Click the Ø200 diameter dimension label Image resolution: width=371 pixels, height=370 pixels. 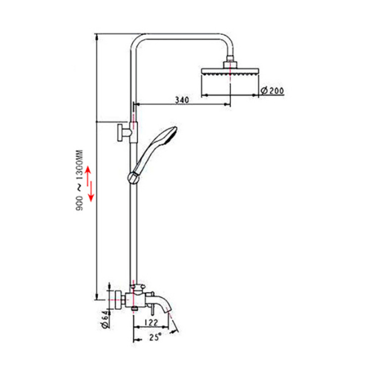(x=272, y=91)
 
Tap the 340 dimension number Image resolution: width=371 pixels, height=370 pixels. (x=182, y=100)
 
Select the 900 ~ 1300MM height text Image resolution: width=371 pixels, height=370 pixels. (x=79, y=180)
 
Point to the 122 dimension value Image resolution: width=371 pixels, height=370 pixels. (x=151, y=322)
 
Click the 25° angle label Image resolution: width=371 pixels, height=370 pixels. (x=156, y=337)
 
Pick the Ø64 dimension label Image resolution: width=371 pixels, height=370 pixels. (x=105, y=319)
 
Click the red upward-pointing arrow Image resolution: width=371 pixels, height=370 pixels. (x=88, y=177)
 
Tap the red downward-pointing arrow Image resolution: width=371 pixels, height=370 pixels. (x=91, y=192)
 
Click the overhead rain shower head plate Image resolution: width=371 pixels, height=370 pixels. (x=230, y=71)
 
